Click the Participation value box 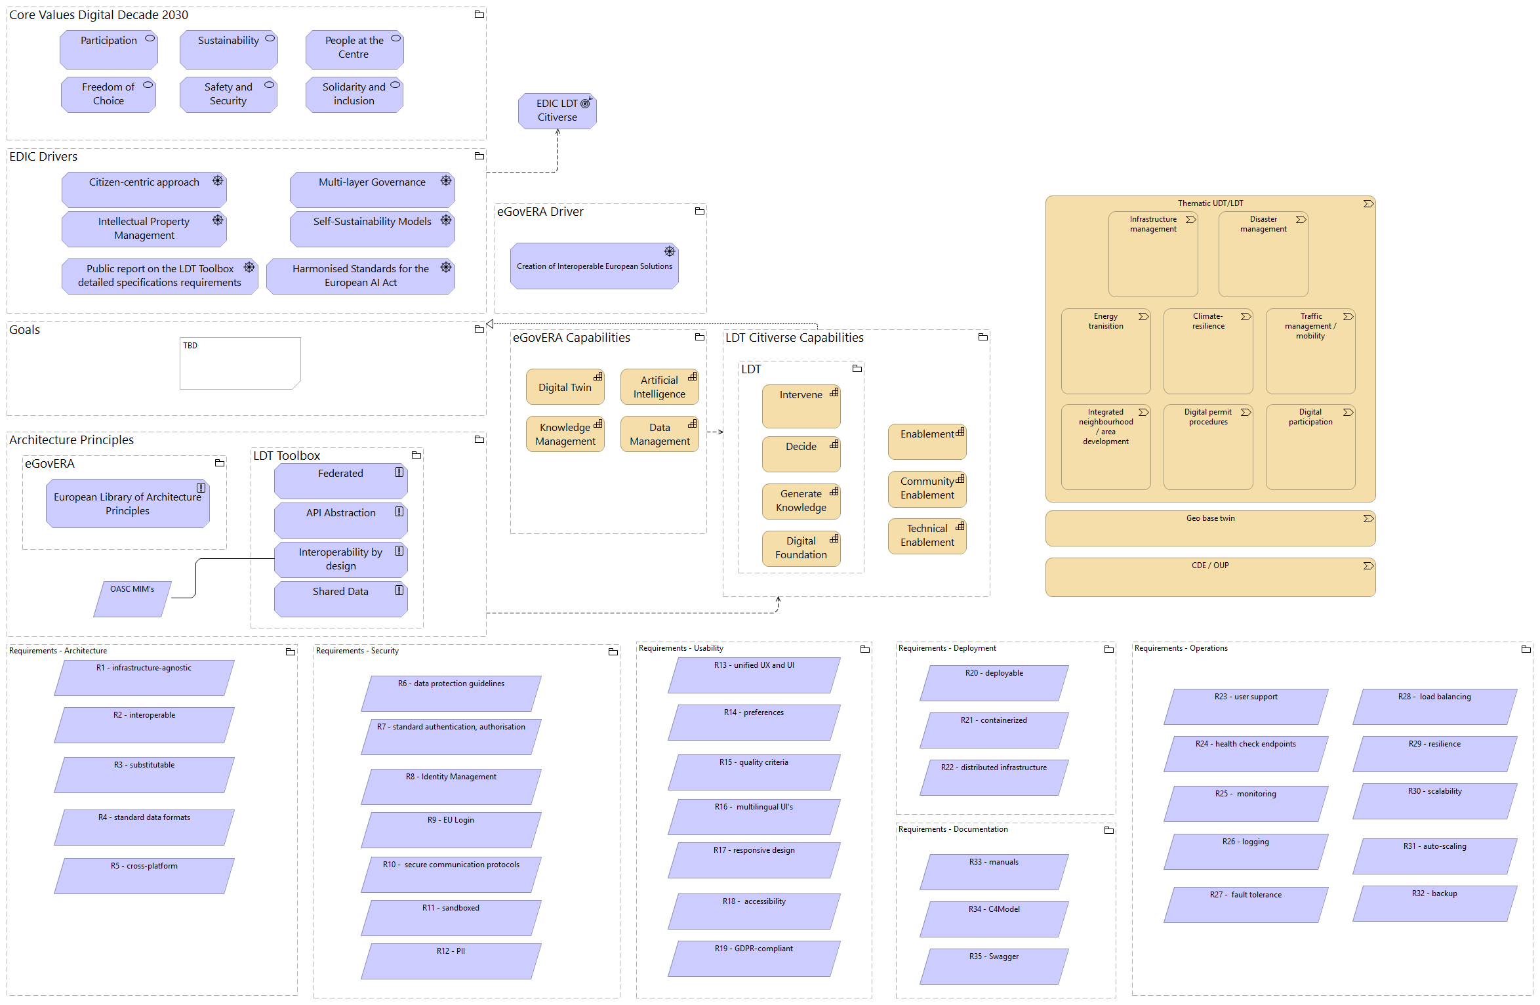pyautogui.click(x=108, y=50)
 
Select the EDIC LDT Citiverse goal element pyautogui.click(x=557, y=111)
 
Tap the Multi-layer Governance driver pyautogui.click(x=372, y=190)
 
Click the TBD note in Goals pyautogui.click(x=240, y=363)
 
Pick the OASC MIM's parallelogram pyautogui.click(x=132, y=598)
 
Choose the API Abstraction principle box pyautogui.click(x=340, y=520)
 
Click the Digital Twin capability pyautogui.click(x=565, y=387)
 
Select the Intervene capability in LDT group pyautogui.click(x=801, y=405)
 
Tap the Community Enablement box pyautogui.click(x=927, y=489)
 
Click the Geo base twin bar pyautogui.click(x=1209, y=528)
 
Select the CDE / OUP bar pyautogui.click(x=1209, y=577)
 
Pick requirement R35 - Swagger pyautogui.click(x=994, y=966)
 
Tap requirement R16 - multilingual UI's pyautogui.click(x=754, y=817)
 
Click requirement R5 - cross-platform pyautogui.click(x=144, y=876)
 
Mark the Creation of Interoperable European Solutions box pyautogui.click(x=594, y=266)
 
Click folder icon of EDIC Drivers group pyautogui.click(x=479, y=156)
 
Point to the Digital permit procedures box pyautogui.click(x=1207, y=446)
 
